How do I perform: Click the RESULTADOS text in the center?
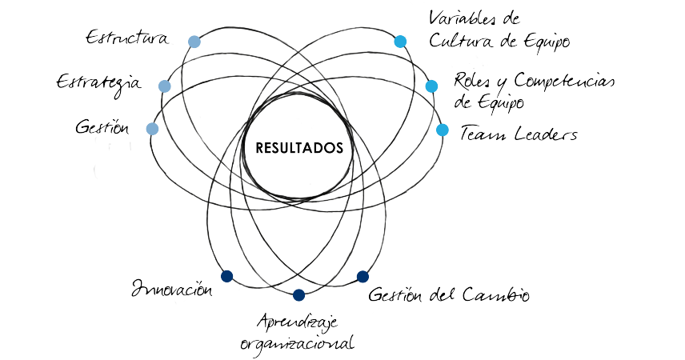[300, 148]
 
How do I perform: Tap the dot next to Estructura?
[194, 41]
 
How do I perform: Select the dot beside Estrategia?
[165, 86]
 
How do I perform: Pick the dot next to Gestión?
[153, 128]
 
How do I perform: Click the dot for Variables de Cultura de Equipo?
[400, 41]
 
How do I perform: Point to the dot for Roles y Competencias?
[431, 86]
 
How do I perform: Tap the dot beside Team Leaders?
[443, 129]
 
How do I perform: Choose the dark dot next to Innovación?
[226, 276]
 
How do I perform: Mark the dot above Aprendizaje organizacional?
[299, 295]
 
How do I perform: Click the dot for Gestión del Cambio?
[363, 276]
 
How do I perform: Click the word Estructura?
[127, 38]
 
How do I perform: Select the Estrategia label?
[98, 83]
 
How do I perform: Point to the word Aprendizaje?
[298, 322]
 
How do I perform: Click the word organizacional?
[297, 344]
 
